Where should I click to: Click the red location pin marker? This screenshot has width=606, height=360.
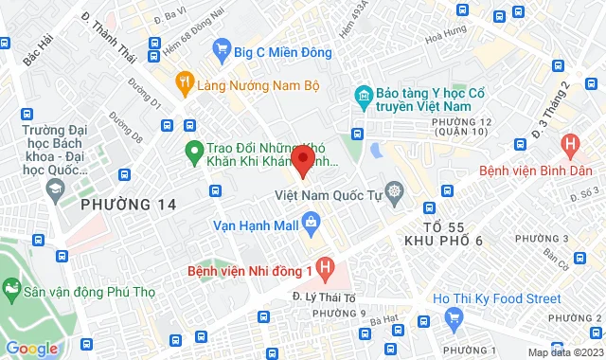point(303,160)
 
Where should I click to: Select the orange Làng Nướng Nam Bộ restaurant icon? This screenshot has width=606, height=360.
point(185,84)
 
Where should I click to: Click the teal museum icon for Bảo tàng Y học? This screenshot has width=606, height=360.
point(361,96)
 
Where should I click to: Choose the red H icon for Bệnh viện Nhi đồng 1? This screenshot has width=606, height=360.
point(326,270)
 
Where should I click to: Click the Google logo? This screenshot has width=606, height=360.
point(31,348)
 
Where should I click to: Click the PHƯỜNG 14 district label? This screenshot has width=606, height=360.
point(129,205)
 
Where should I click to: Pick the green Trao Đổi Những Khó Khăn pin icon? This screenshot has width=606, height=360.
point(194,150)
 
